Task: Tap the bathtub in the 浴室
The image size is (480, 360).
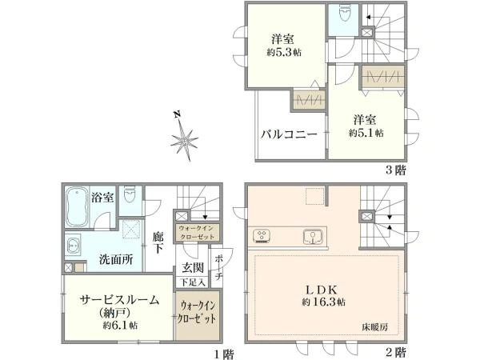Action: (77, 207)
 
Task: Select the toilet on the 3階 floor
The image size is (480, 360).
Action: (343, 14)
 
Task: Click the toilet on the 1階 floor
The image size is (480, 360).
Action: (130, 194)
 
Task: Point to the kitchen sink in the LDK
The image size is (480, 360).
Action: (313, 237)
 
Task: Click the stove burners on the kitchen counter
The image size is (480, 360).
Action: (262, 236)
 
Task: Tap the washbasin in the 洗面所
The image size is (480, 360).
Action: (73, 246)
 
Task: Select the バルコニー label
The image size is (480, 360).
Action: (289, 134)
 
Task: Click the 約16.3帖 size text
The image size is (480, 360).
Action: (323, 302)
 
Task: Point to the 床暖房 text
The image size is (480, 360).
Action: (375, 327)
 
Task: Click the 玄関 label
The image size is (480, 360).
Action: (193, 267)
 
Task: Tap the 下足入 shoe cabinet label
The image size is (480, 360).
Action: (192, 282)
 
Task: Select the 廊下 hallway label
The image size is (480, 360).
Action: (158, 242)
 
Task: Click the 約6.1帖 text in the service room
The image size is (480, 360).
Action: (120, 325)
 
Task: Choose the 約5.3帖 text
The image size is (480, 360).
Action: (284, 52)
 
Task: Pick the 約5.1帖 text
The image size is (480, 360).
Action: (366, 133)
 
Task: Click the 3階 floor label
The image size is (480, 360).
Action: (395, 170)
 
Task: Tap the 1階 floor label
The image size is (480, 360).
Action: (224, 354)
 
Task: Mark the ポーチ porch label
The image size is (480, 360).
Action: (218, 268)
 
